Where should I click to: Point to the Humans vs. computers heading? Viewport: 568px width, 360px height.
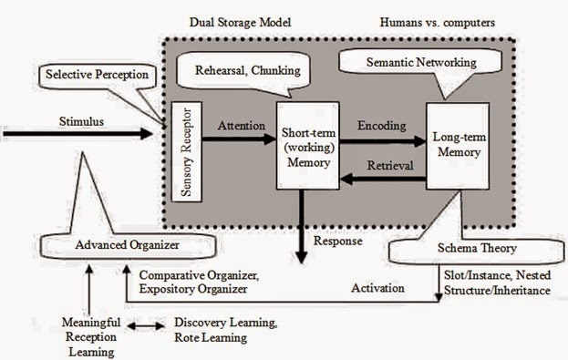(436, 20)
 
